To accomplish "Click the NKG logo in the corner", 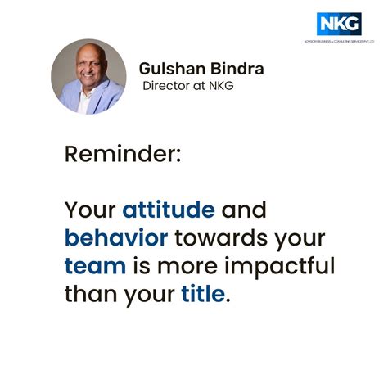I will click(340, 24).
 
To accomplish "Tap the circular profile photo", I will click(88, 76).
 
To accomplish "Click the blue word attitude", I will click(169, 210).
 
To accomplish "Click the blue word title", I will click(201, 294).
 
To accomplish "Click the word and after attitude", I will click(244, 210).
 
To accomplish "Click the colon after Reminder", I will click(178, 156).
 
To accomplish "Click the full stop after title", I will click(228, 300).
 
